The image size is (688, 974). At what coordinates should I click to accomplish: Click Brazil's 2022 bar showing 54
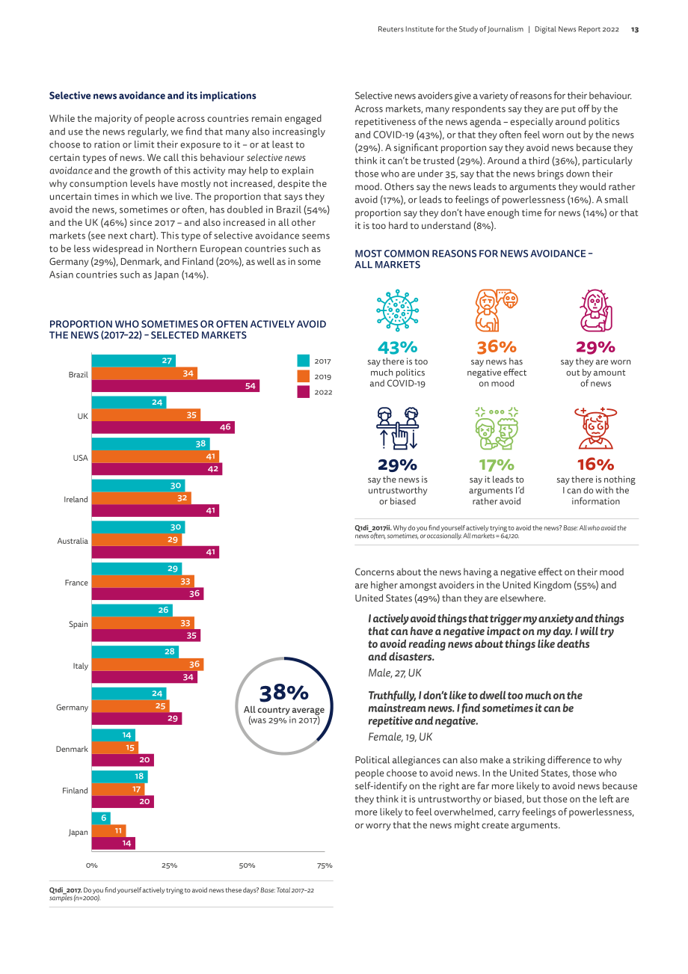click(176, 386)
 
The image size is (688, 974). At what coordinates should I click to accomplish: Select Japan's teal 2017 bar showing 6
click(101, 818)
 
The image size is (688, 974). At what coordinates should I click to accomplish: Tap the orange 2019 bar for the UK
click(146, 415)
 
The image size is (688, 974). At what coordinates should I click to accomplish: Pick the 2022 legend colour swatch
click(304, 392)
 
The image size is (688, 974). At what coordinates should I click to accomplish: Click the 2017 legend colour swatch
click(304, 361)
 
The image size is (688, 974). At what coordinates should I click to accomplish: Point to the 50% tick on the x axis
click(247, 866)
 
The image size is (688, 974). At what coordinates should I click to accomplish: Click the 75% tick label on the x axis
click(325, 866)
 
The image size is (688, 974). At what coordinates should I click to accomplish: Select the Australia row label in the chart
click(73, 541)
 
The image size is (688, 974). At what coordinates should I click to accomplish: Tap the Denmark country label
click(72, 749)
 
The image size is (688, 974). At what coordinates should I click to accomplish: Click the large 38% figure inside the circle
click(284, 693)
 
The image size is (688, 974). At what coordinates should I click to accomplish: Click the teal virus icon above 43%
click(397, 310)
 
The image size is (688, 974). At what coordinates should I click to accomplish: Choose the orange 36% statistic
click(497, 347)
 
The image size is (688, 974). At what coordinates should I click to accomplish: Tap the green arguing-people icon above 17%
click(497, 429)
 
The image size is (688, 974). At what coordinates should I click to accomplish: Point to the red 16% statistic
click(595, 465)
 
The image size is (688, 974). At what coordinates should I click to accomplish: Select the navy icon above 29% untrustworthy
click(397, 429)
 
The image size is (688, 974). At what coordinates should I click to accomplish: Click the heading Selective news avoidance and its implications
click(153, 96)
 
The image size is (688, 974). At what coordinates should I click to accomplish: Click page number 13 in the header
click(635, 30)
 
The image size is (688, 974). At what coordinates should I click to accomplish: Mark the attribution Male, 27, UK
click(395, 673)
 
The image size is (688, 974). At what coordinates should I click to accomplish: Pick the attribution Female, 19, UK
click(400, 737)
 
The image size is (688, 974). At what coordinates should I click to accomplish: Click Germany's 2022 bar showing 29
click(136, 718)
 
